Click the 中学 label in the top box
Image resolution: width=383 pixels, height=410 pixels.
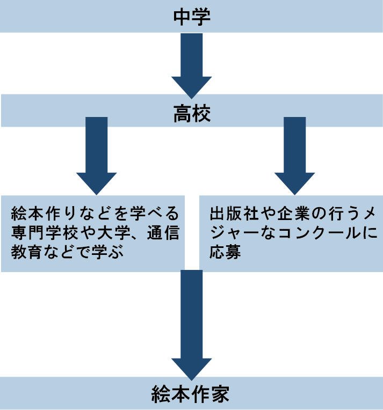191,17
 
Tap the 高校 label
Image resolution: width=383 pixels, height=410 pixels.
191,113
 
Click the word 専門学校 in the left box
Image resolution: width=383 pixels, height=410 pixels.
41,233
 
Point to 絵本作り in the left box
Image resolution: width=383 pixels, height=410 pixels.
41,215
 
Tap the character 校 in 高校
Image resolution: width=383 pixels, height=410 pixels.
200,113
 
